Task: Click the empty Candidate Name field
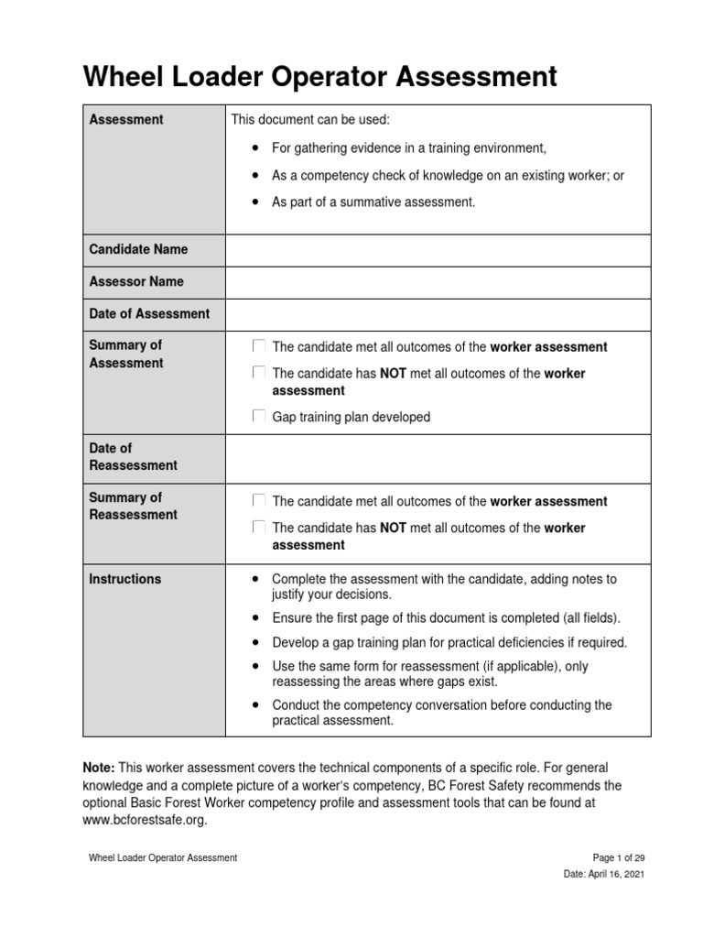pos(438,250)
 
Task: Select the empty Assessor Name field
pos(438,282)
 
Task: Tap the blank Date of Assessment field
pos(438,314)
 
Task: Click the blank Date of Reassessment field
pos(438,457)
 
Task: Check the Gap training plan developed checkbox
pos(259,417)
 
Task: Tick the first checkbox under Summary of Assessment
pos(259,346)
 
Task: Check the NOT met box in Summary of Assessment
pos(259,373)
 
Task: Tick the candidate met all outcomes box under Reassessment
pos(259,501)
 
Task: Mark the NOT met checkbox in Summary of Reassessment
pos(259,528)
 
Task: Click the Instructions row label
pos(124,579)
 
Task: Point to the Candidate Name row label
pos(138,249)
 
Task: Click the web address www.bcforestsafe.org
pos(145,820)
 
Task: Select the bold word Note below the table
pos(99,767)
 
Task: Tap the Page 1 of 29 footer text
pos(619,857)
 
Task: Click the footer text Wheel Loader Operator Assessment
pos(163,857)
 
